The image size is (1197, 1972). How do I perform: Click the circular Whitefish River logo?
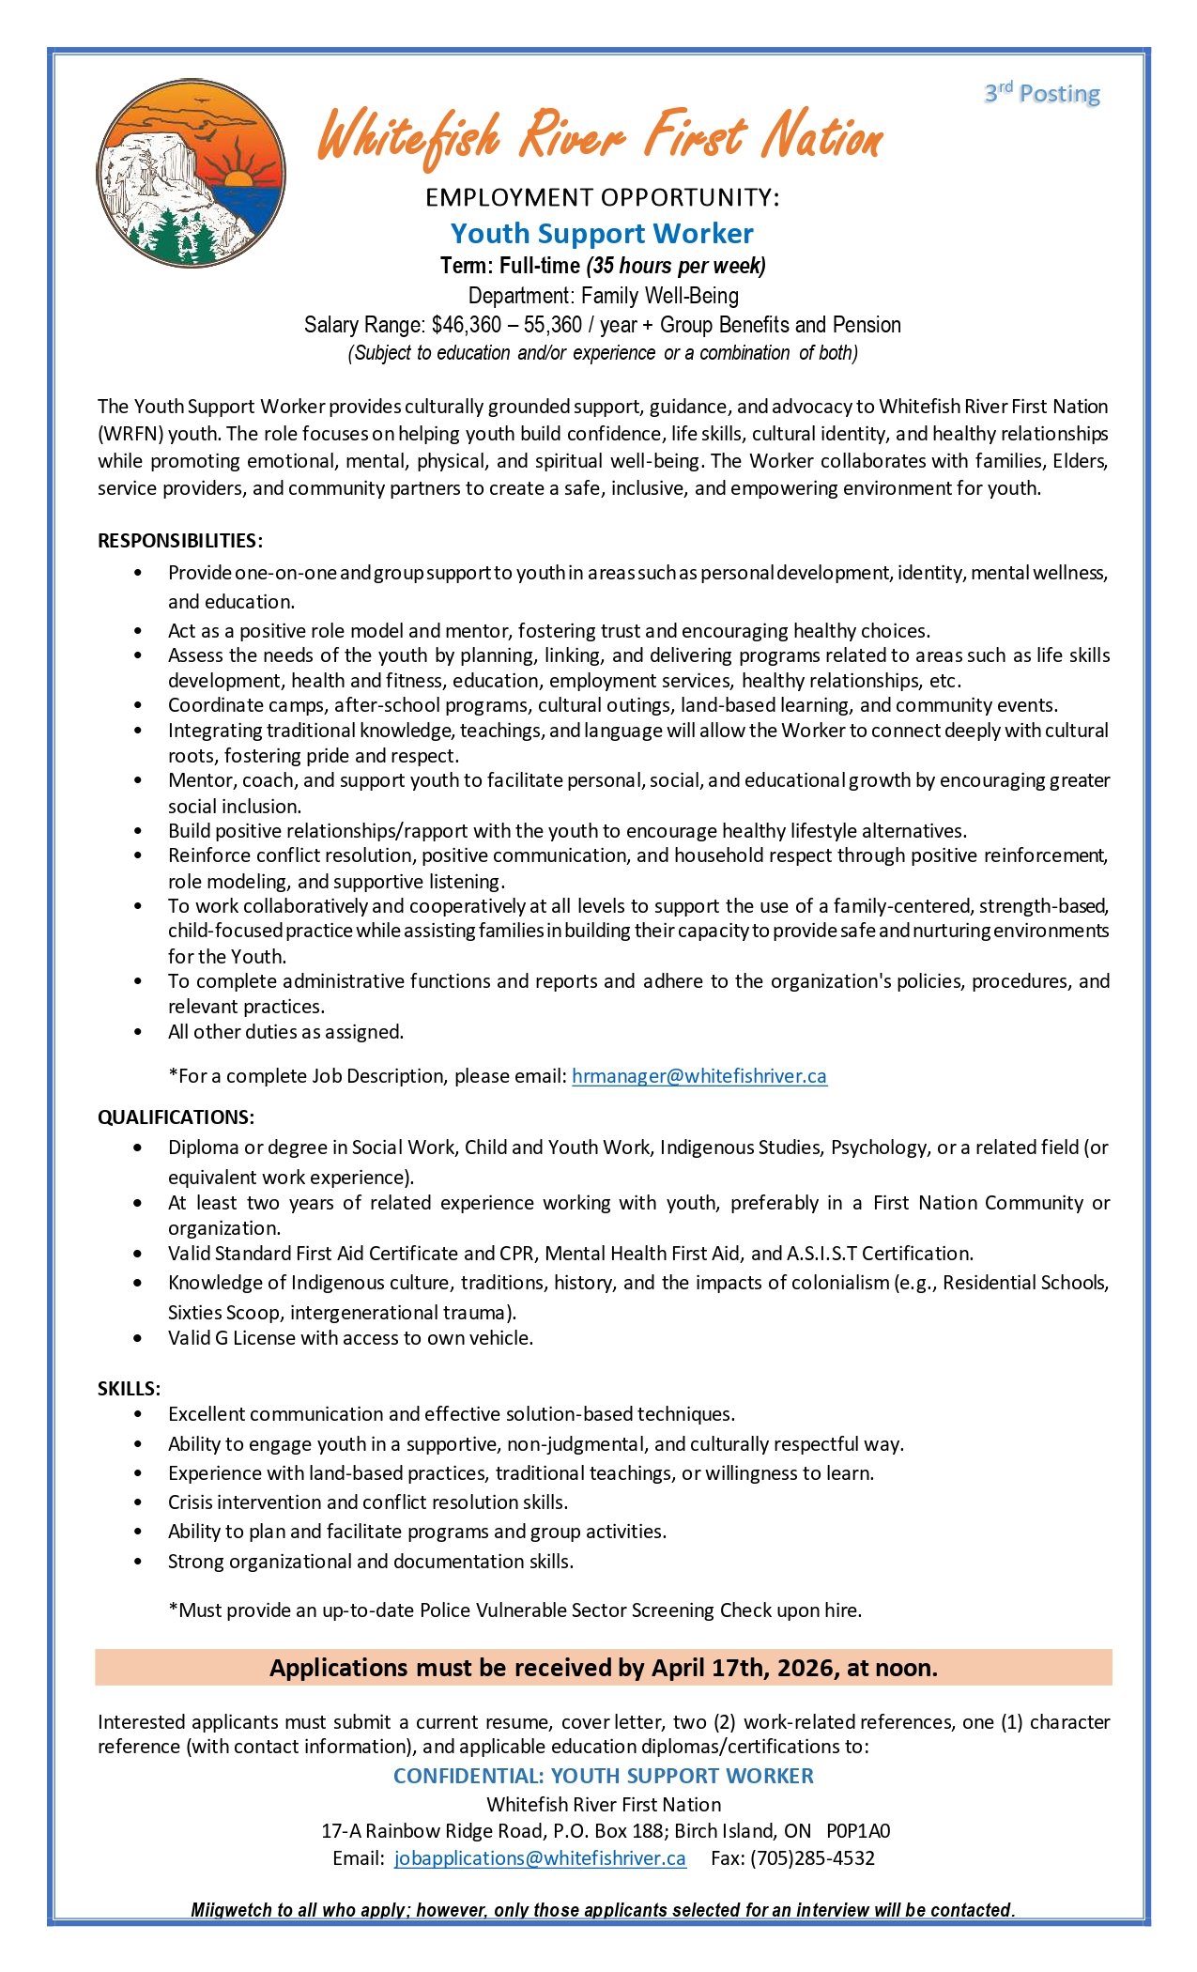pyautogui.click(x=191, y=173)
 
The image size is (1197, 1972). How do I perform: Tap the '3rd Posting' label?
pyautogui.click(x=1042, y=93)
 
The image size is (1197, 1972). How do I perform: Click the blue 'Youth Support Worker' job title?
pyautogui.click(x=602, y=233)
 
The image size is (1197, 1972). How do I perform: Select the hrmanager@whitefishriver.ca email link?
pyautogui.click(x=698, y=1076)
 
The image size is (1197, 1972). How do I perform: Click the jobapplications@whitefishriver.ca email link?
pyautogui.click(x=540, y=1858)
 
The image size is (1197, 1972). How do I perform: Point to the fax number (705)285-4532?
pyautogui.click(x=812, y=1858)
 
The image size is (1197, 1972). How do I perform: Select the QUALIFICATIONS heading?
pyautogui.click(x=176, y=1117)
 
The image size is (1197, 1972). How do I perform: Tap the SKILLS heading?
pyautogui.click(x=129, y=1389)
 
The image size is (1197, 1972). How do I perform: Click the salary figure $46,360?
pyautogui.click(x=467, y=325)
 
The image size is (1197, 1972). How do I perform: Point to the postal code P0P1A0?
pyautogui.click(x=858, y=1831)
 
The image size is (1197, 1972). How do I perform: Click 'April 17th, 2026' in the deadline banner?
pyautogui.click(x=744, y=1668)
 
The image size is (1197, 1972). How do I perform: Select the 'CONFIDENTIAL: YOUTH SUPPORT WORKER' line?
pyautogui.click(x=603, y=1776)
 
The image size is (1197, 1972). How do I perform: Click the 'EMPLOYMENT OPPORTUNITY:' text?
pyautogui.click(x=602, y=197)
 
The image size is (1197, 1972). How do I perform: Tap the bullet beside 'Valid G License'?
pyautogui.click(x=139, y=1338)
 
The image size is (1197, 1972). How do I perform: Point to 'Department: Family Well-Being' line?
pyautogui.click(x=603, y=296)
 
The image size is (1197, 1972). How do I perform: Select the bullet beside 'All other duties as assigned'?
pyautogui.click(x=139, y=1032)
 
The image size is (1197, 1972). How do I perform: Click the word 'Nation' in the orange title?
pyautogui.click(x=821, y=137)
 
